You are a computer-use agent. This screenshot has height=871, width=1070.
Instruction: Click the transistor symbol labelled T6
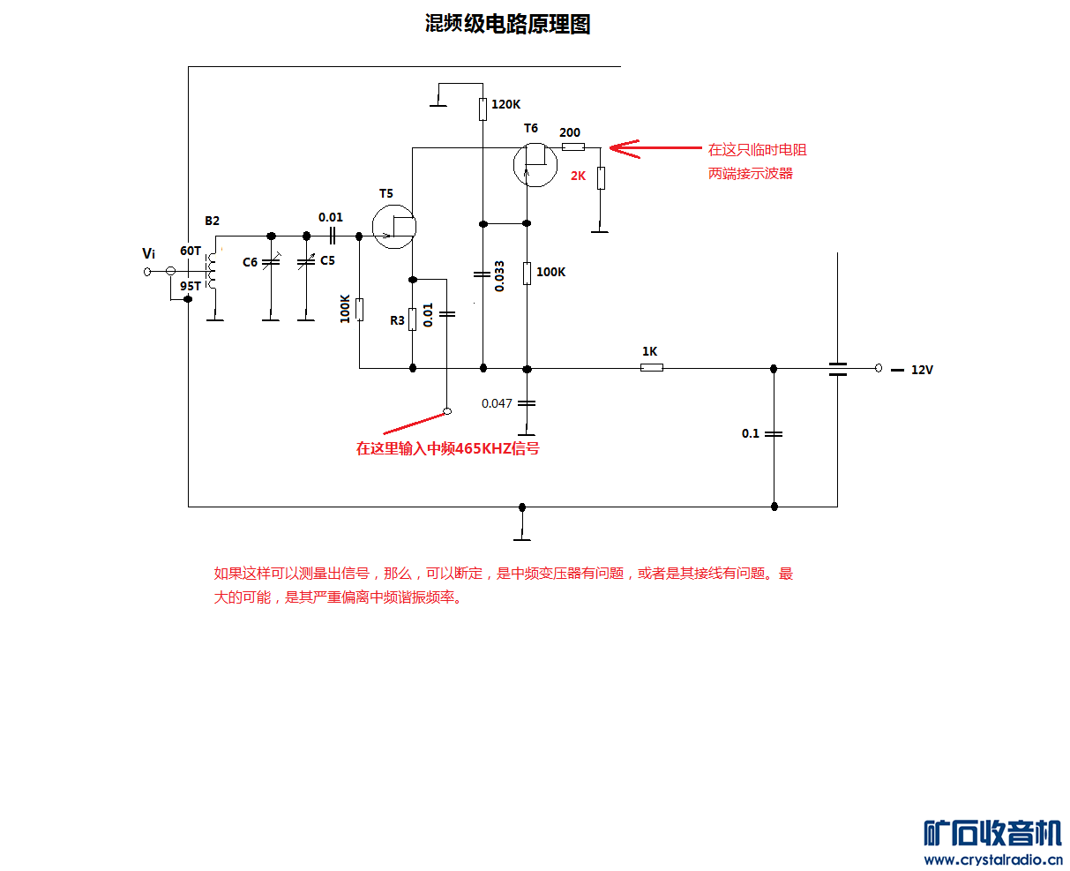coord(535,163)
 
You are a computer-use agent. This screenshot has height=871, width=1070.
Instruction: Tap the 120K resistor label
coord(505,104)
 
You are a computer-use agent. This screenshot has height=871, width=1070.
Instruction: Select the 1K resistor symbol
coord(651,367)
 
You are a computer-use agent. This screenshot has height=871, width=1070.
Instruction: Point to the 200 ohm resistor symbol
coord(572,146)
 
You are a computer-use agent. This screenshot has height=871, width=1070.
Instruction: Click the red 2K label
coord(578,176)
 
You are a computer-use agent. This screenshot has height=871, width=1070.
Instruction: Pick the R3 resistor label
coord(397,320)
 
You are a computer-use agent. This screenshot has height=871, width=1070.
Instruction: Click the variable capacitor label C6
coord(250,262)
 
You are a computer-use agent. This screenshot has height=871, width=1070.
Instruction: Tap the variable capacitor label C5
coord(327,260)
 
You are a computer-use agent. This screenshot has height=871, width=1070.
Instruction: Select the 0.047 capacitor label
coord(497,403)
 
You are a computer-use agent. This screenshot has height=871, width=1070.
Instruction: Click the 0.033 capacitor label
coord(499,276)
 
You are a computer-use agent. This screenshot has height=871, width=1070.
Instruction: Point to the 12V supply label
coord(922,370)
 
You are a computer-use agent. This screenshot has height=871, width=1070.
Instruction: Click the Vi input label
coord(148,254)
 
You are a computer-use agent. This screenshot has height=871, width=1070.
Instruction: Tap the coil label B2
coord(212,221)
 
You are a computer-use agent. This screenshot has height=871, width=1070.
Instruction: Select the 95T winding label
coord(191,286)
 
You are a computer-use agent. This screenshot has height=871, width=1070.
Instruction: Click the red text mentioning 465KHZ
coord(447,448)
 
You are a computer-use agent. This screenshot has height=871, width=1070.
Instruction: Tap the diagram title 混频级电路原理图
coord(507,24)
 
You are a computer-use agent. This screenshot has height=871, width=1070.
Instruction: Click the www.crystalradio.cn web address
coord(992,860)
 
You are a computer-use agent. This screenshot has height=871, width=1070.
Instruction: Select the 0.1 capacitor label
coord(750,433)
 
